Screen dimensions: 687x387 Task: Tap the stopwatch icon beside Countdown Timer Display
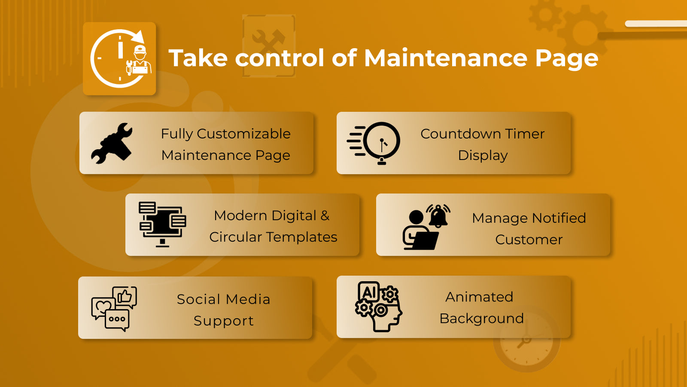click(x=374, y=143)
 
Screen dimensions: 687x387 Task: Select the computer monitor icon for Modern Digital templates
click(x=162, y=224)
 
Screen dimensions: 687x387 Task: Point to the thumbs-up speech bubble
click(x=125, y=296)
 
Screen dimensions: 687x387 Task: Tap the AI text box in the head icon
click(x=369, y=292)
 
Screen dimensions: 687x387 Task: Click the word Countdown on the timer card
click(x=460, y=134)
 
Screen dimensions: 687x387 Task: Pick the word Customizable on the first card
click(x=243, y=134)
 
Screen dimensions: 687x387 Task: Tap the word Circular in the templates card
click(x=235, y=237)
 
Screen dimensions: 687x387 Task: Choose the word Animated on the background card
click(x=479, y=297)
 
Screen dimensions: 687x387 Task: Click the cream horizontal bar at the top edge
click(x=656, y=24)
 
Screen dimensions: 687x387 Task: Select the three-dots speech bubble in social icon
click(x=117, y=320)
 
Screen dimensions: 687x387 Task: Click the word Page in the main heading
click(x=567, y=58)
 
